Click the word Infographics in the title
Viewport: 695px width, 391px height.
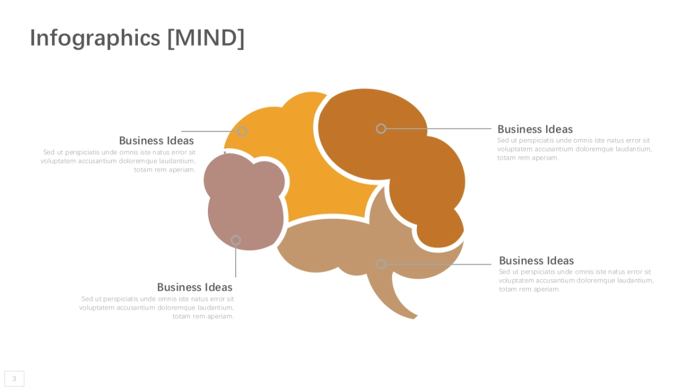pyautogui.click(x=94, y=38)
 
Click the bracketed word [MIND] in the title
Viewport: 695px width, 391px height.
pyautogui.click(x=206, y=38)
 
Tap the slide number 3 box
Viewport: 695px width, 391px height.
pyautogui.click(x=14, y=379)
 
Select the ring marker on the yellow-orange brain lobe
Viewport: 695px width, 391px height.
pyautogui.click(x=243, y=131)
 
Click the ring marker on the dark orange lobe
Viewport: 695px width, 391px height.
pyautogui.click(x=381, y=129)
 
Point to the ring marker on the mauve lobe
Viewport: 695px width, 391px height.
pyautogui.click(x=236, y=240)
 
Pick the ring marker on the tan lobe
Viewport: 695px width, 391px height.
pyautogui.click(x=381, y=264)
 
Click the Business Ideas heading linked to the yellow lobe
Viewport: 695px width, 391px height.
pyautogui.click(x=156, y=141)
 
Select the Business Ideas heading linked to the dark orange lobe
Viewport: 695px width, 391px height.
pyautogui.click(x=535, y=129)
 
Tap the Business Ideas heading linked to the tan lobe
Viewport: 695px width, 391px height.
pyautogui.click(x=536, y=261)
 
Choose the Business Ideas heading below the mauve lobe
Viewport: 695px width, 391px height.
pyautogui.click(x=195, y=287)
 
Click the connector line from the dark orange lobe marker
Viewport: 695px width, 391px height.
pyautogui.click(x=440, y=129)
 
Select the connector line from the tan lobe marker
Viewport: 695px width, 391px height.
pyautogui.click(x=440, y=264)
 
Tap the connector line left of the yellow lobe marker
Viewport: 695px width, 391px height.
pyautogui.click(x=209, y=131)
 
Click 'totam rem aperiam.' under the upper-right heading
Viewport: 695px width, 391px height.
pyautogui.click(x=528, y=158)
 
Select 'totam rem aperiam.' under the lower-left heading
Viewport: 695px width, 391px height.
pyautogui.click(x=203, y=316)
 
